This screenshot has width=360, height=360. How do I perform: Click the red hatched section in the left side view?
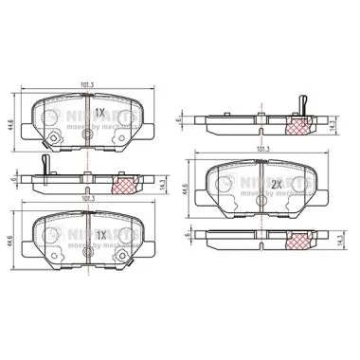(125, 184)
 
